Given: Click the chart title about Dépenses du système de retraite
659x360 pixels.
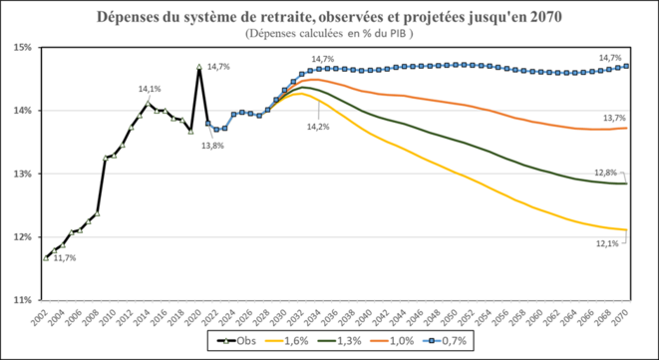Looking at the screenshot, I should tap(329, 17).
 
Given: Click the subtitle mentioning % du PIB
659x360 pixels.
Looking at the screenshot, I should tap(329, 33).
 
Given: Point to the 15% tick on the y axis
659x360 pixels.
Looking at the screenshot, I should tap(22, 47).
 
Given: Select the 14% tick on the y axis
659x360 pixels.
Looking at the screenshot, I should tap(22, 110).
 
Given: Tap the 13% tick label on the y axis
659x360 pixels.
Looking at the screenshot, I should tap(22, 174).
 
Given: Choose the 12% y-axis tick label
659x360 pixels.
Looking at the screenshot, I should tap(22, 236).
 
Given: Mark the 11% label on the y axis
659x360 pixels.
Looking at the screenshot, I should tap(22, 299).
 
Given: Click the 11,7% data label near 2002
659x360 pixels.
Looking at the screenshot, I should tap(64, 258).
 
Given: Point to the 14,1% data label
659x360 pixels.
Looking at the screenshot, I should tap(150, 89).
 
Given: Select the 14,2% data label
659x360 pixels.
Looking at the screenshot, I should tap(317, 127).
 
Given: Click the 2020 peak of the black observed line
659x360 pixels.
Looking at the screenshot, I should tap(199, 67).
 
